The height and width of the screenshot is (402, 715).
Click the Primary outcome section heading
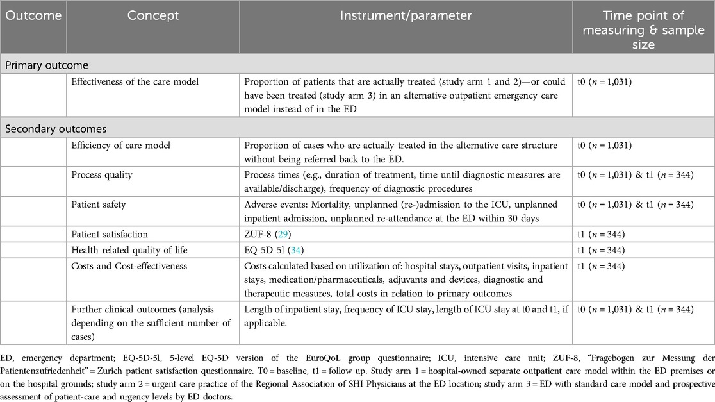[47, 65]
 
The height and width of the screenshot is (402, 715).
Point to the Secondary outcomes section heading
[56, 129]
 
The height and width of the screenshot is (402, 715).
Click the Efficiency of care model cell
[121, 145]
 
